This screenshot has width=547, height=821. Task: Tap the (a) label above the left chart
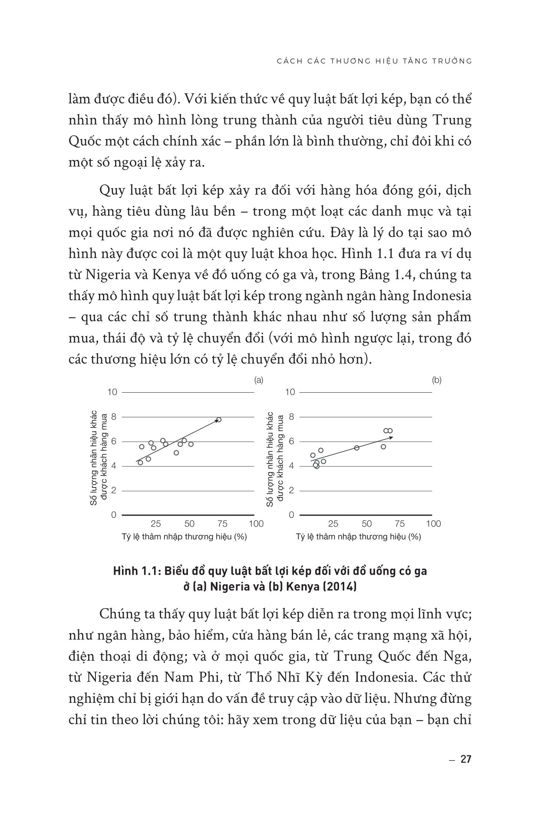coord(259,380)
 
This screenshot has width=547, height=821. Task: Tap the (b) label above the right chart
coord(437,380)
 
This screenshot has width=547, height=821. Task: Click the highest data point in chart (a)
coord(219,420)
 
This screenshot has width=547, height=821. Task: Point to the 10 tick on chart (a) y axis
coord(112,392)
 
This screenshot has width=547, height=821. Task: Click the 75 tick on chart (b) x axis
coord(400,524)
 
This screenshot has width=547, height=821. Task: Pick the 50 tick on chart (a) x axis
coord(189,524)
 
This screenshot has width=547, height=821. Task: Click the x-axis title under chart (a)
coord(184,537)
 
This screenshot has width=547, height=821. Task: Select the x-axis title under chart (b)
coord(359,537)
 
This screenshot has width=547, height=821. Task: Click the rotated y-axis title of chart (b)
coord(275,459)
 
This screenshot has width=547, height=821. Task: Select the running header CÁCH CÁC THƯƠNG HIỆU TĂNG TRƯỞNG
coord(374,61)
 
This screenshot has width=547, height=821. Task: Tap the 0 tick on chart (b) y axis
coord(292,515)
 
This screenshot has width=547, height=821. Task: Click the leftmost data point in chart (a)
coord(140,463)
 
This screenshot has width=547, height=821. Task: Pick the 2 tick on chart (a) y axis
coord(114,491)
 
